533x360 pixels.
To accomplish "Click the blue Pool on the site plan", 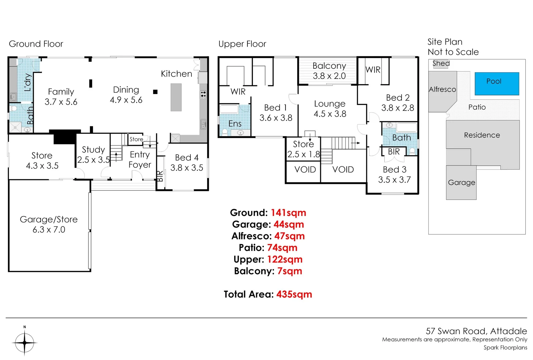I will point(497,84).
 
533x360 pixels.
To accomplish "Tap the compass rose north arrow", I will point(25,342).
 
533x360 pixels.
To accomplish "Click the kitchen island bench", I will point(176,97).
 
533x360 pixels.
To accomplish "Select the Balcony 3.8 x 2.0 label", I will point(329,71).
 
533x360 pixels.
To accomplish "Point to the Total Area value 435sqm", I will point(294,294).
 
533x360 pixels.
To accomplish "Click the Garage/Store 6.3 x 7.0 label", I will point(49,224).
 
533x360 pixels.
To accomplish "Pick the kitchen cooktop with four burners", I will point(203,94).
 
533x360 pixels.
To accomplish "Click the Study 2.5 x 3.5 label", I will point(93,155).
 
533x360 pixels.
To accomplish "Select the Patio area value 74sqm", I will point(282,248).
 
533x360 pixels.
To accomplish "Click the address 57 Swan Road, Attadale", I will point(476,331).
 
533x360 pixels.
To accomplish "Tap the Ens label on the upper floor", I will point(235,124).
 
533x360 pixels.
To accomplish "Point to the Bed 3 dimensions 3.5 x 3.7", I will point(394,180).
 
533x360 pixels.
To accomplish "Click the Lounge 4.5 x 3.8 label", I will point(330,109).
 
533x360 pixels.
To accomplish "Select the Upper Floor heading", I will point(242,44).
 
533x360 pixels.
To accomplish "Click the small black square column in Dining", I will point(155,92).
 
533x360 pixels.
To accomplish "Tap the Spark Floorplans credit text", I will point(505,348).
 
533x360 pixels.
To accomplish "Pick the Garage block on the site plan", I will point(461,183).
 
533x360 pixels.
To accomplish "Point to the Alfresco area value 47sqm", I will point(289,236).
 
